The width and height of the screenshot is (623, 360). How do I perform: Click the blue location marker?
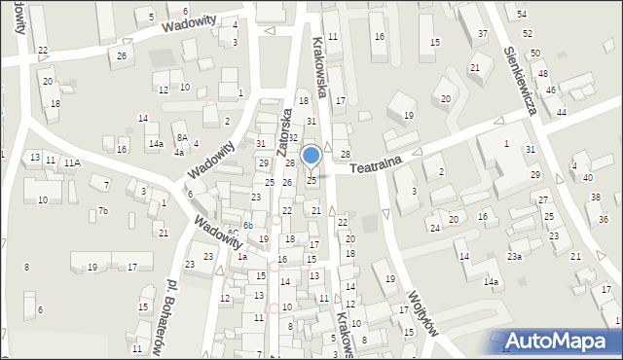[311, 157]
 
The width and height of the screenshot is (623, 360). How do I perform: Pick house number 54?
[522, 14]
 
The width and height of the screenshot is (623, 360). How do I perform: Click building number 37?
[483, 34]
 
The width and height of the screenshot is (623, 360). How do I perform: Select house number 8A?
[181, 138]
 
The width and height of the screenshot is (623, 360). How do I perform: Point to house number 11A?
[72, 163]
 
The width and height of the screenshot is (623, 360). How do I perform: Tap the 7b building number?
[102, 211]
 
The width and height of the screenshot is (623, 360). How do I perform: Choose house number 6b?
[248, 226]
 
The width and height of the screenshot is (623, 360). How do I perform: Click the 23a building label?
[513, 257]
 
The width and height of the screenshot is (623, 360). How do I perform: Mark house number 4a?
[179, 152]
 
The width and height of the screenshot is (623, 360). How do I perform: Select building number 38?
[596, 198]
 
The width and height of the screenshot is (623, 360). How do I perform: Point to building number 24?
[435, 229]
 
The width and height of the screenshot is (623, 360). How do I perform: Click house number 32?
[292, 138]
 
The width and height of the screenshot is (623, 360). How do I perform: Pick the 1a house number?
[241, 256]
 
